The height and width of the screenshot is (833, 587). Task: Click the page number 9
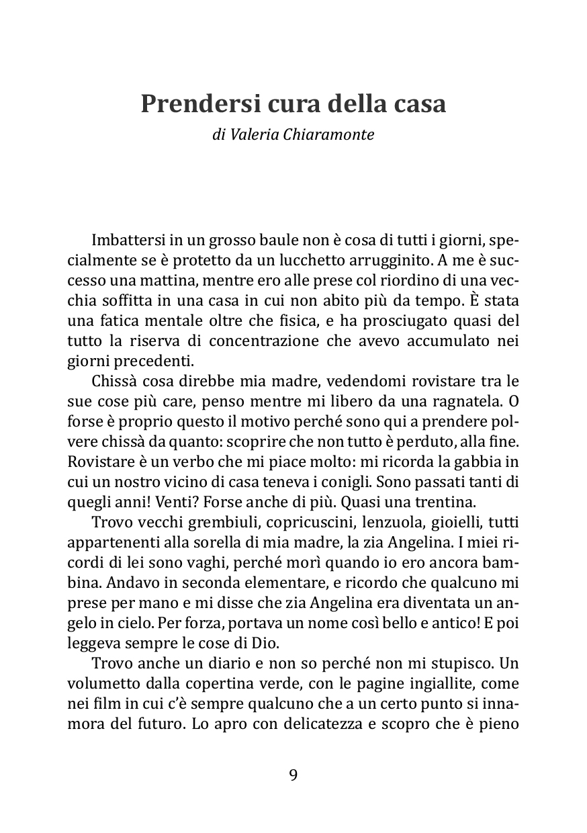tap(293, 775)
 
